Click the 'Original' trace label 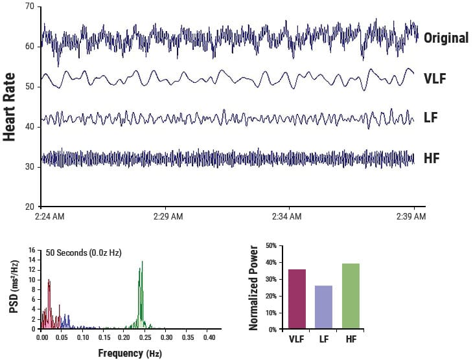pyautogui.click(x=446, y=38)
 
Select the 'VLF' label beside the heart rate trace pyautogui.click(x=435, y=79)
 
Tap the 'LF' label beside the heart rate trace pyautogui.click(x=431, y=118)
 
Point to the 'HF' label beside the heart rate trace pyautogui.click(x=432, y=157)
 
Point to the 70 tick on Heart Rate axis pyautogui.click(x=30, y=6)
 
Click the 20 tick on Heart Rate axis pyautogui.click(x=30, y=207)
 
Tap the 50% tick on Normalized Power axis pyautogui.click(x=271, y=246)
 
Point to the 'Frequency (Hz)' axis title pyautogui.click(x=130, y=353)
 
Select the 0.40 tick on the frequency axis pyautogui.click(x=209, y=337)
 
